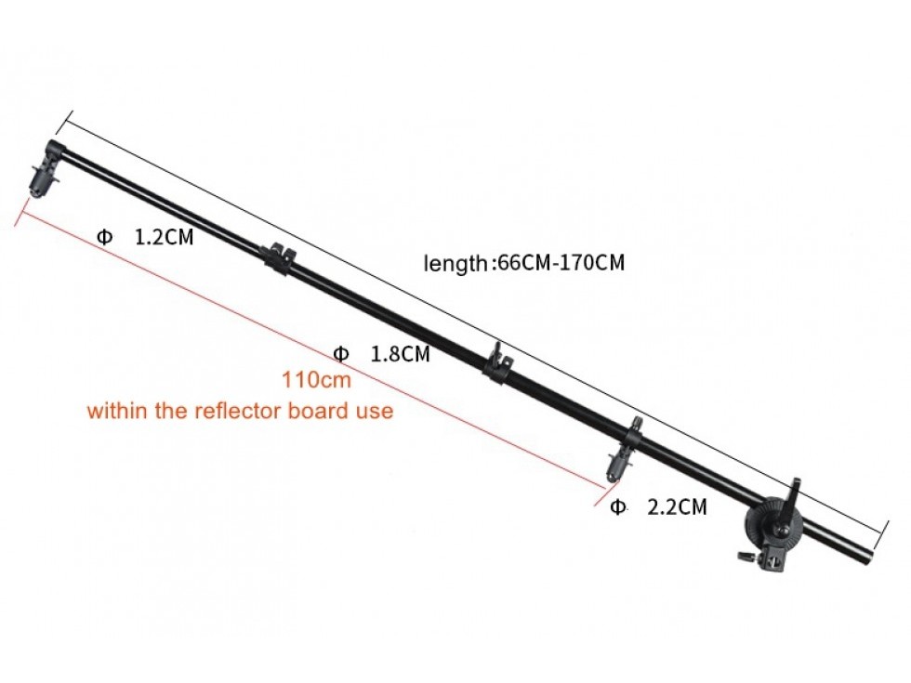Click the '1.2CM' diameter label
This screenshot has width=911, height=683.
(164, 237)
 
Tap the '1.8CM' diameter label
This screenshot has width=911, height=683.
(401, 354)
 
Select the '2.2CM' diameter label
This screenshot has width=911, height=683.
(678, 507)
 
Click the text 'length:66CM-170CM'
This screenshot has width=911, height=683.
(524, 262)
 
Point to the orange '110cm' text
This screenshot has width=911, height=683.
(317, 380)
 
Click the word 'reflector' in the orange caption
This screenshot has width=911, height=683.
(240, 411)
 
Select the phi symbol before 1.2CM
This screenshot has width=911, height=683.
(104, 237)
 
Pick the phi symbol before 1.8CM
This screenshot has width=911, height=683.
(341, 354)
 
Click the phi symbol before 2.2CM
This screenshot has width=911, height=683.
(618, 507)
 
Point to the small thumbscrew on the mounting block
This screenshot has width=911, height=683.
(746, 556)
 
